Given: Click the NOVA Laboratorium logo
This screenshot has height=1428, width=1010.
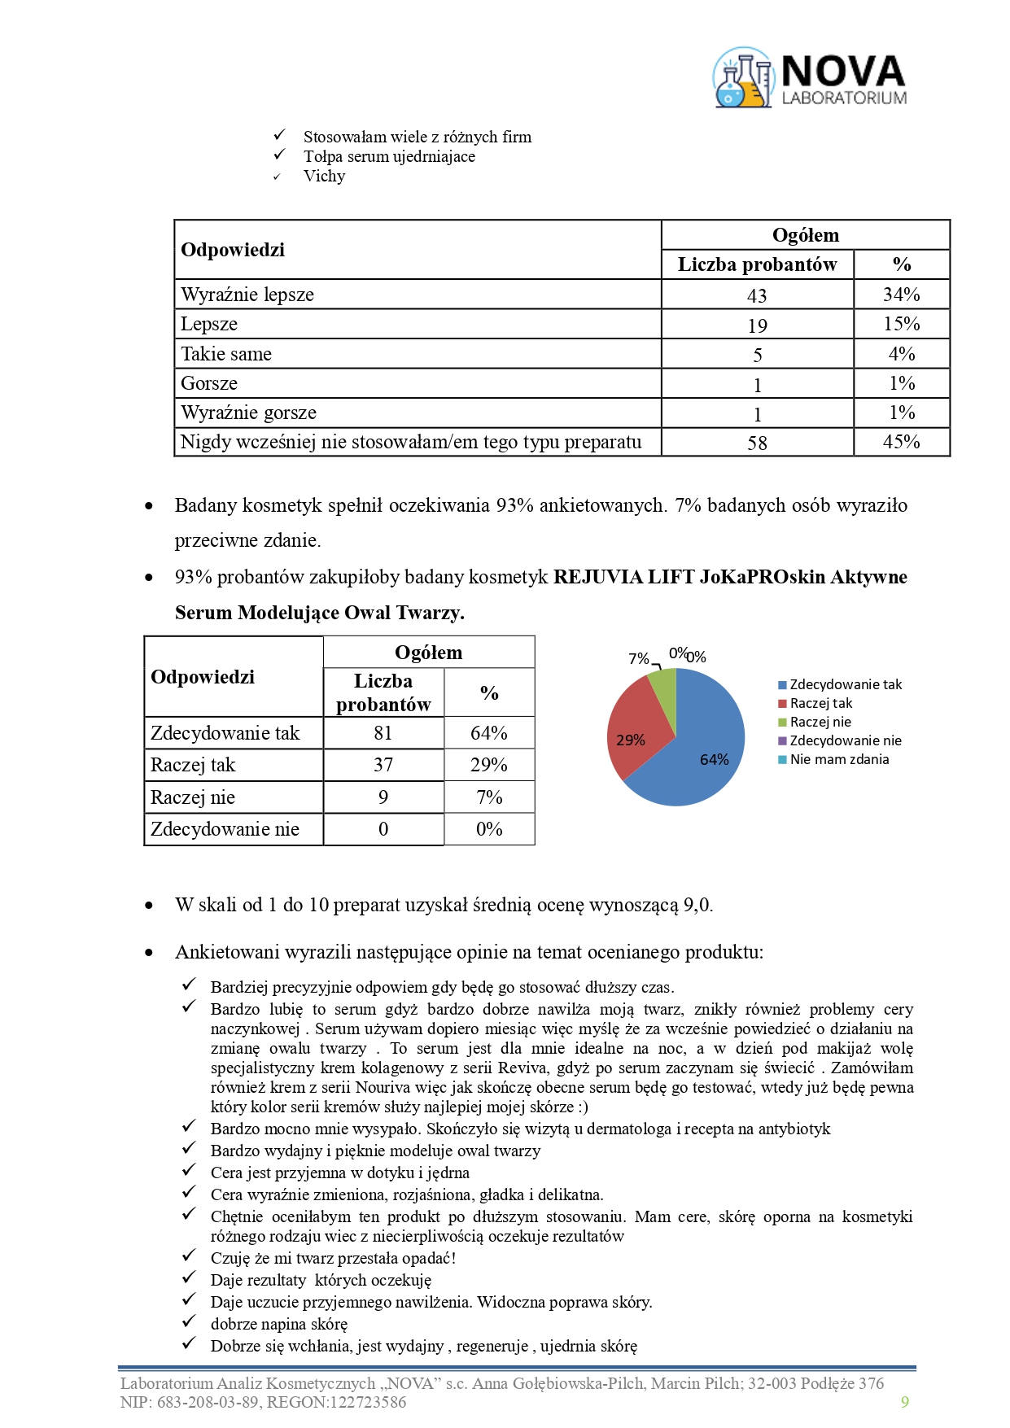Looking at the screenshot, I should tap(810, 78).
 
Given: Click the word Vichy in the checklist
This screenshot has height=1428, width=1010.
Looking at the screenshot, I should tap(324, 177).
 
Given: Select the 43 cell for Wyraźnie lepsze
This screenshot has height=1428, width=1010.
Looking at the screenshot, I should tap(757, 295).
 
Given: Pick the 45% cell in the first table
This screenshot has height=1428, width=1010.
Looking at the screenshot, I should tap(901, 442).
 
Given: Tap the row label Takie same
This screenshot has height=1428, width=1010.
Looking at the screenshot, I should tap(226, 354).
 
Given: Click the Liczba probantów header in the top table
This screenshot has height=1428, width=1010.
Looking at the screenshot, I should tap(757, 264).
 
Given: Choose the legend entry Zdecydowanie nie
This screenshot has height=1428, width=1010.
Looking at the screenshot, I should tap(845, 740).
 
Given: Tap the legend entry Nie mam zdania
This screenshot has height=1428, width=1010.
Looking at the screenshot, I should tap(839, 759).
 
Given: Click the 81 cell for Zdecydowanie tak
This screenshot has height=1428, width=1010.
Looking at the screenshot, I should tap(383, 733).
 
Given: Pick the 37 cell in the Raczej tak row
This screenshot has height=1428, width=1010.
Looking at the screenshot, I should tap(383, 765).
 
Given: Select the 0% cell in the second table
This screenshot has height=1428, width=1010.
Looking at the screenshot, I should tap(489, 829).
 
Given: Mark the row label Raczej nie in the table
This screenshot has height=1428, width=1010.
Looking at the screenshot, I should tap(193, 797).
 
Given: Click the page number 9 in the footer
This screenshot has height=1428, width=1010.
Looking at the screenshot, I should tap(905, 1401).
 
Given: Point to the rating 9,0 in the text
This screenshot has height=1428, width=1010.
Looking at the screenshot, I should tap(697, 905).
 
